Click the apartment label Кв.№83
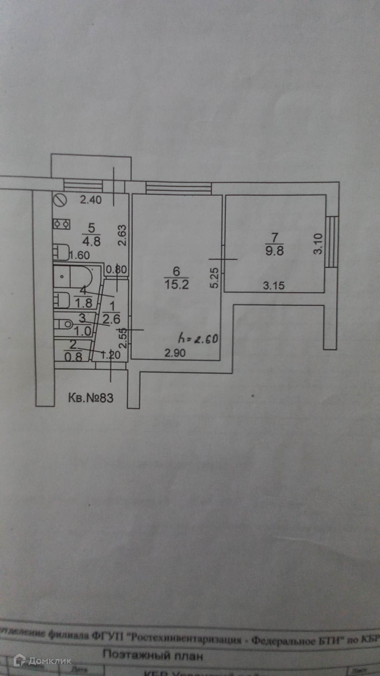90,398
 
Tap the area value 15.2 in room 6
177,284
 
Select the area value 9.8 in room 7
274,251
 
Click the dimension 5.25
215,278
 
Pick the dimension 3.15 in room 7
273,286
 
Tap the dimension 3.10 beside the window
318,244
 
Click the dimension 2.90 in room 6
175,353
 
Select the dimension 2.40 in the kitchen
90,200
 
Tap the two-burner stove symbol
62,224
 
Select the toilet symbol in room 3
63,324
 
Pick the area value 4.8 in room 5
91,242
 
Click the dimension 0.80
116,270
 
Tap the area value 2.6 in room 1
111,319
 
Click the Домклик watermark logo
42,661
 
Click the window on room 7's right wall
331,242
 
